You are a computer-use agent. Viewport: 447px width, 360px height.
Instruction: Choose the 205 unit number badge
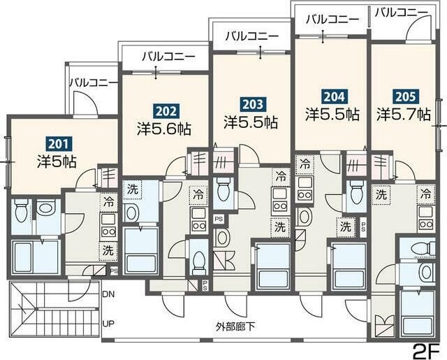pyautogui.click(x=403, y=96)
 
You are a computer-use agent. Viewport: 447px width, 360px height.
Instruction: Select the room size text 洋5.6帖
pyautogui.click(x=165, y=129)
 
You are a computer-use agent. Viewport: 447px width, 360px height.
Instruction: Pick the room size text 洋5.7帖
pyautogui.click(x=404, y=114)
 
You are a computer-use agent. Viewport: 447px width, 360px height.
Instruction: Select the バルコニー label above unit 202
pyautogui.click(x=166, y=55)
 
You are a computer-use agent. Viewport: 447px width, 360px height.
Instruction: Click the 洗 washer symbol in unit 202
pyautogui.click(x=132, y=189)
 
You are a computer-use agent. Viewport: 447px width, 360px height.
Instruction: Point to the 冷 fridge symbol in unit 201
pyautogui.click(x=108, y=201)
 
